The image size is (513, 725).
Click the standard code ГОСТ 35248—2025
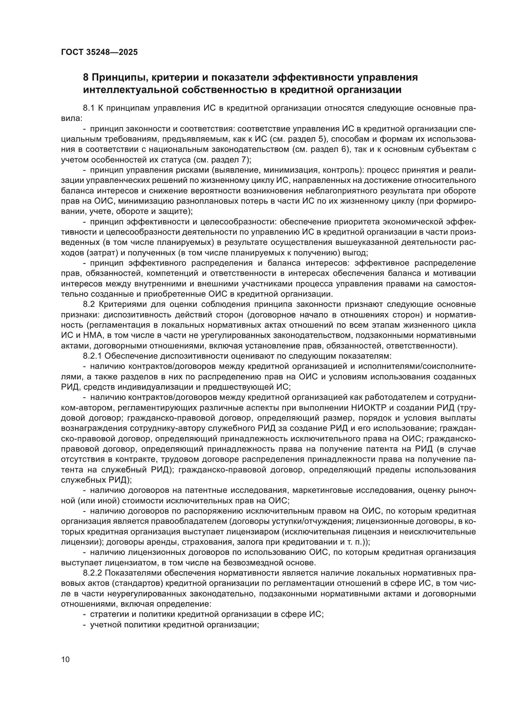click(100, 52)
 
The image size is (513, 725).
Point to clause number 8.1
click(89, 108)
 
